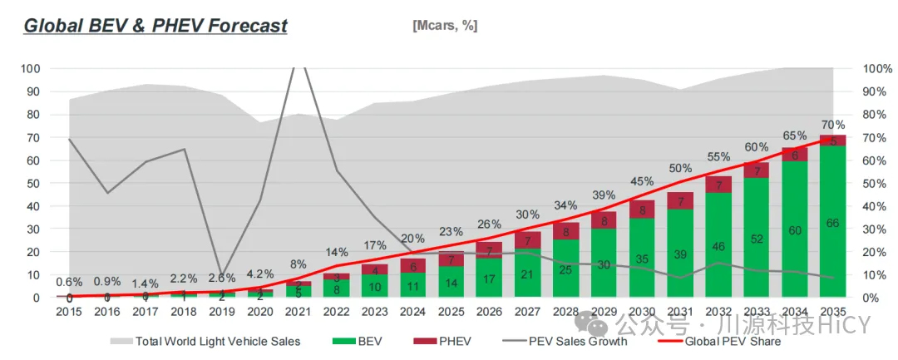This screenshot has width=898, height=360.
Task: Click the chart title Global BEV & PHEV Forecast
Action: (x=155, y=25)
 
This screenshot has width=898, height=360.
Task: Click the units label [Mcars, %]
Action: (x=445, y=25)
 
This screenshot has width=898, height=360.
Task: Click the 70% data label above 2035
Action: (x=833, y=125)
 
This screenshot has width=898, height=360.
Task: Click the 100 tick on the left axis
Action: (x=31, y=68)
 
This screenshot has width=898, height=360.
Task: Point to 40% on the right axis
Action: (x=878, y=205)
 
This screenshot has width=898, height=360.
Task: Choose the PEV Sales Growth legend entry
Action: (x=548, y=341)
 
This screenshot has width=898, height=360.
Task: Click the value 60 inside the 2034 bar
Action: (x=795, y=229)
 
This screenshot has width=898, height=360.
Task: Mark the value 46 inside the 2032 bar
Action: (x=718, y=246)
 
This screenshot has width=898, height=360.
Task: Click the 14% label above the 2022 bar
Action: (x=336, y=252)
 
